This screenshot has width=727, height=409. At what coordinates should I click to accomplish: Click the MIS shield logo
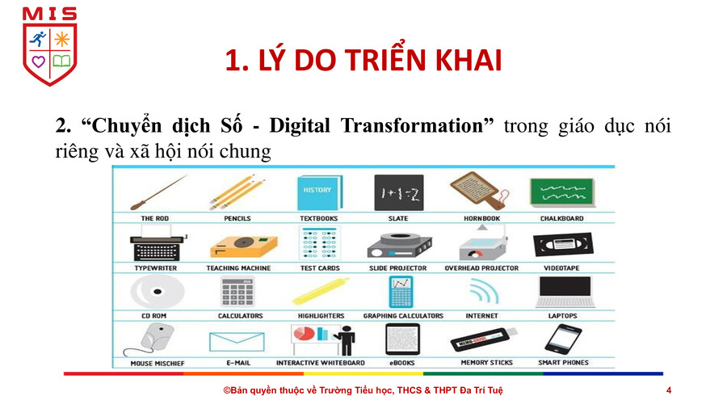(x=49, y=46)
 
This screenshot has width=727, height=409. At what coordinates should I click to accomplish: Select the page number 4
(x=669, y=390)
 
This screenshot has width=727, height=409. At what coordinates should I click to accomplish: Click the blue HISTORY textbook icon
(x=319, y=192)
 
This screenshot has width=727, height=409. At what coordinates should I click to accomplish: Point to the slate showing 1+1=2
(x=399, y=193)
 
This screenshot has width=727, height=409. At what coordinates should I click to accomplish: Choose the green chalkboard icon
(x=562, y=192)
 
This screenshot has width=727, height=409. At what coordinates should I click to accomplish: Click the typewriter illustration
(x=158, y=244)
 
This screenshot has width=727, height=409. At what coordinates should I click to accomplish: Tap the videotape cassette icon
(x=563, y=245)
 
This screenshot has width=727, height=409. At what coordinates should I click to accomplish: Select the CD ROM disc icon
(x=158, y=292)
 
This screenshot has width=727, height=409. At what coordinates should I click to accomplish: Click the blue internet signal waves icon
(x=484, y=292)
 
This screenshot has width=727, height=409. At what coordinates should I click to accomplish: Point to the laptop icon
(x=565, y=292)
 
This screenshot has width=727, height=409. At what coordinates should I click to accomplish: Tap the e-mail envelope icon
(x=237, y=342)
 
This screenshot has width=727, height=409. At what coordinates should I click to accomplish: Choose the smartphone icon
(x=563, y=339)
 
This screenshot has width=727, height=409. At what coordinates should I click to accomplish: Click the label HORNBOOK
(x=481, y=218)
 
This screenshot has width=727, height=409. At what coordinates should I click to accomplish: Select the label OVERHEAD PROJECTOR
(x=481, y=268)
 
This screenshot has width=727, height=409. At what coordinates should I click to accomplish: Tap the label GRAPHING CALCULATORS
(x=403, y=316)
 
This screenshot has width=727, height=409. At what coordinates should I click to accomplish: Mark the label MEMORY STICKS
(x=487, y=363)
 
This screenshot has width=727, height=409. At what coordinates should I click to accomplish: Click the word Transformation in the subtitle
(x=412, y=125)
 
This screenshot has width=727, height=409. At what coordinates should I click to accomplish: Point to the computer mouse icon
(x=153, y=340)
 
